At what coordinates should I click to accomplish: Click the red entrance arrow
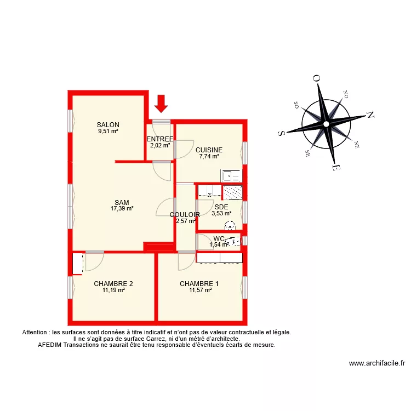click(161, 102)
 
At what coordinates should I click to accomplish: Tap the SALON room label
click(108, 125)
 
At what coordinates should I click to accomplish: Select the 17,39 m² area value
click(122, 208)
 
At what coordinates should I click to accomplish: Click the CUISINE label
click(209, 150)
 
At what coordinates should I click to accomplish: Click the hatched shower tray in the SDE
click(233, 192)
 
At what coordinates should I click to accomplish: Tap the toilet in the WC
click(235, 240)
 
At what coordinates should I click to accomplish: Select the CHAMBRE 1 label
click(199, 284)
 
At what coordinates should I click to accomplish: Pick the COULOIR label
click(185, 215)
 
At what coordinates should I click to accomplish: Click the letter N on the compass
click(370, 115)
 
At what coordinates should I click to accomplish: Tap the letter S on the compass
click(282, 133)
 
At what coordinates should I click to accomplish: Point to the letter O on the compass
click(316, 79)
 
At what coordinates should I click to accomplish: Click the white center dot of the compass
click(327, 124)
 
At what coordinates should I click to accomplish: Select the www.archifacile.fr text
click(376, 363)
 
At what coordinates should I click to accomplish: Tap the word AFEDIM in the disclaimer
click(50, 345)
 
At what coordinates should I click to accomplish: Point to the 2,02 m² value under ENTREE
click(160, 145)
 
